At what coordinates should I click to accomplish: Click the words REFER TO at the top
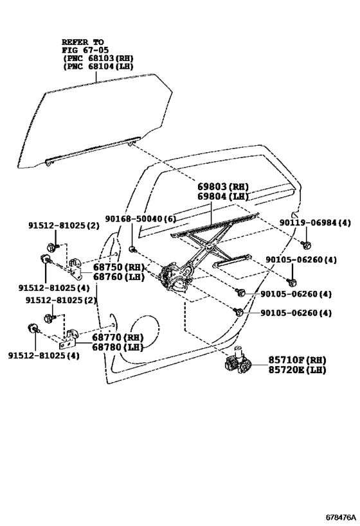coord(83,40)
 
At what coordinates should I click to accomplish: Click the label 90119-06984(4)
coord(316,223)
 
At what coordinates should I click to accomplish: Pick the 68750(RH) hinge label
coord(118,267)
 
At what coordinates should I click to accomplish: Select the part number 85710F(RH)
coord(297,360)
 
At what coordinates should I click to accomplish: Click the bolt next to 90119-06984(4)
coord(306,244)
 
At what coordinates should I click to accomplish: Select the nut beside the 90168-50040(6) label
coord(132,249)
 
